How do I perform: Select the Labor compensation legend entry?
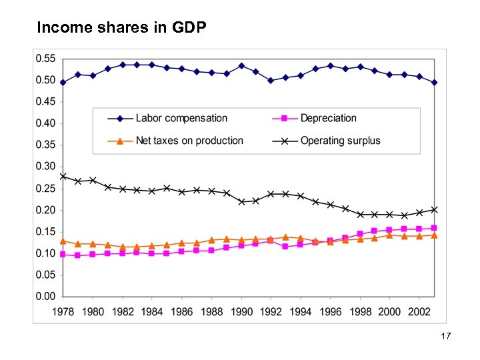pos(181,118)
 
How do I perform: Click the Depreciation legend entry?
pos(328,118)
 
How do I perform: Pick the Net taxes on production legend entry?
pos(189,141)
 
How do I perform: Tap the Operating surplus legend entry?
pos(340,141)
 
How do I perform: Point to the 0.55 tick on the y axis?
pos(45,59)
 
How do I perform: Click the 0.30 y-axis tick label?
pos(45,167)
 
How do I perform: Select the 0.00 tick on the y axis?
pos(45,296)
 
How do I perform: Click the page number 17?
pos(446,337)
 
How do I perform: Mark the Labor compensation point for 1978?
pos(63,83)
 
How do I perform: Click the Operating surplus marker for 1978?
pos(63,177)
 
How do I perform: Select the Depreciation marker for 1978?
pos(63,254)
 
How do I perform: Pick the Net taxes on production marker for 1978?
pos(63,241)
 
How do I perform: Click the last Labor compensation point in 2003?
pos(433,83)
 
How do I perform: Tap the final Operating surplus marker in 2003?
pos(433,209)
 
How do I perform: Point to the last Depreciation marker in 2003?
pos(433,228)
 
